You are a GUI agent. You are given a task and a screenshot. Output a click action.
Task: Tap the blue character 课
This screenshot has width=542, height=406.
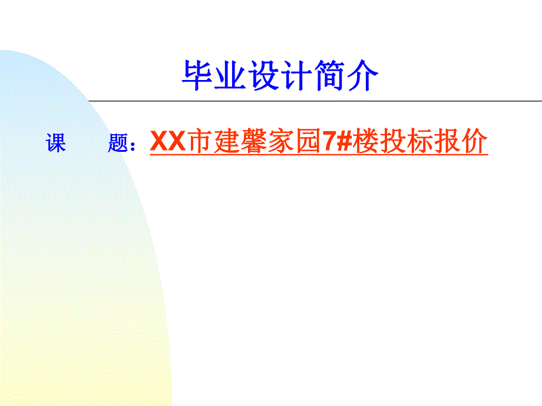(57, 143)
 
